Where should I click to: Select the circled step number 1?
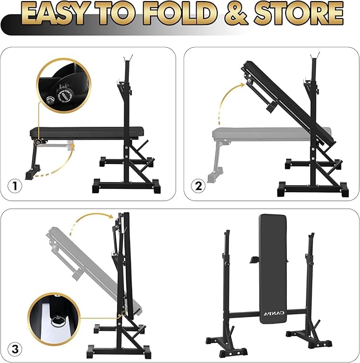coord(16,187)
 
